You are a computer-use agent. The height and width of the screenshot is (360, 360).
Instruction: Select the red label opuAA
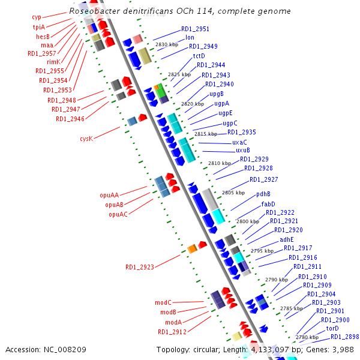[x=109, y=195]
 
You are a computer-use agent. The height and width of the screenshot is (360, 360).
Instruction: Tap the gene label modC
[x=163, y=302]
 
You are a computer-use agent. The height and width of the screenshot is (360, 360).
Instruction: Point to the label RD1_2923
[x=140, y=267]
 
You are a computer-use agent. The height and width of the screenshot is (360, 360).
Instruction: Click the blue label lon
[x=190, y=37]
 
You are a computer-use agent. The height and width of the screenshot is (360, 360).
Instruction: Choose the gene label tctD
[x=199, y=56]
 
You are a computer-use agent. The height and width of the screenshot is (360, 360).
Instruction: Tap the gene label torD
[x=332, y=328]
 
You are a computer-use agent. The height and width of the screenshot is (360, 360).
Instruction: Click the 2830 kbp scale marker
[x=167, y=44]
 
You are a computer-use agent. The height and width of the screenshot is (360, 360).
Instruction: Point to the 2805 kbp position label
[x=233, y=193]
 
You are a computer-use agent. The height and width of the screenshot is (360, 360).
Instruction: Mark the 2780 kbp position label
[x=307, y=337]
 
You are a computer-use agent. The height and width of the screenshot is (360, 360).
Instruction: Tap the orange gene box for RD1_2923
[x=193, y=248]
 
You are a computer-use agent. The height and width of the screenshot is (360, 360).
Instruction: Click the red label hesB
[x=43, y=37]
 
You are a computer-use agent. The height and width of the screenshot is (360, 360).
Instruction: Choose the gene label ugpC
[x=230, y=124]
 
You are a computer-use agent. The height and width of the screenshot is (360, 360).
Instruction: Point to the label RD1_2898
[x=345, y=337]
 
